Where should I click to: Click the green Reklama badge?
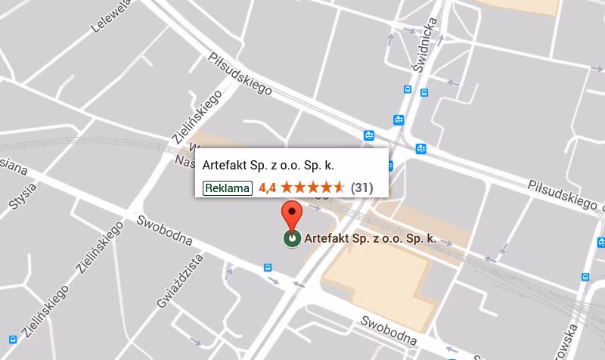pos(227,187)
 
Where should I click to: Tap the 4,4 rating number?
pos(266,187)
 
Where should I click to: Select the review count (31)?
pos(362,187)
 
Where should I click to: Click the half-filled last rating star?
pos(340,186)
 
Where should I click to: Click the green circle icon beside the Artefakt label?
pos(291,239)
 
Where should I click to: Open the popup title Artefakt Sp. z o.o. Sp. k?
pos(268,165)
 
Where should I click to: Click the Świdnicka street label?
pos(424,45)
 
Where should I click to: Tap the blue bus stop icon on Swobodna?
pos(267,267)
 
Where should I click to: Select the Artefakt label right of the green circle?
pos(371,239)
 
